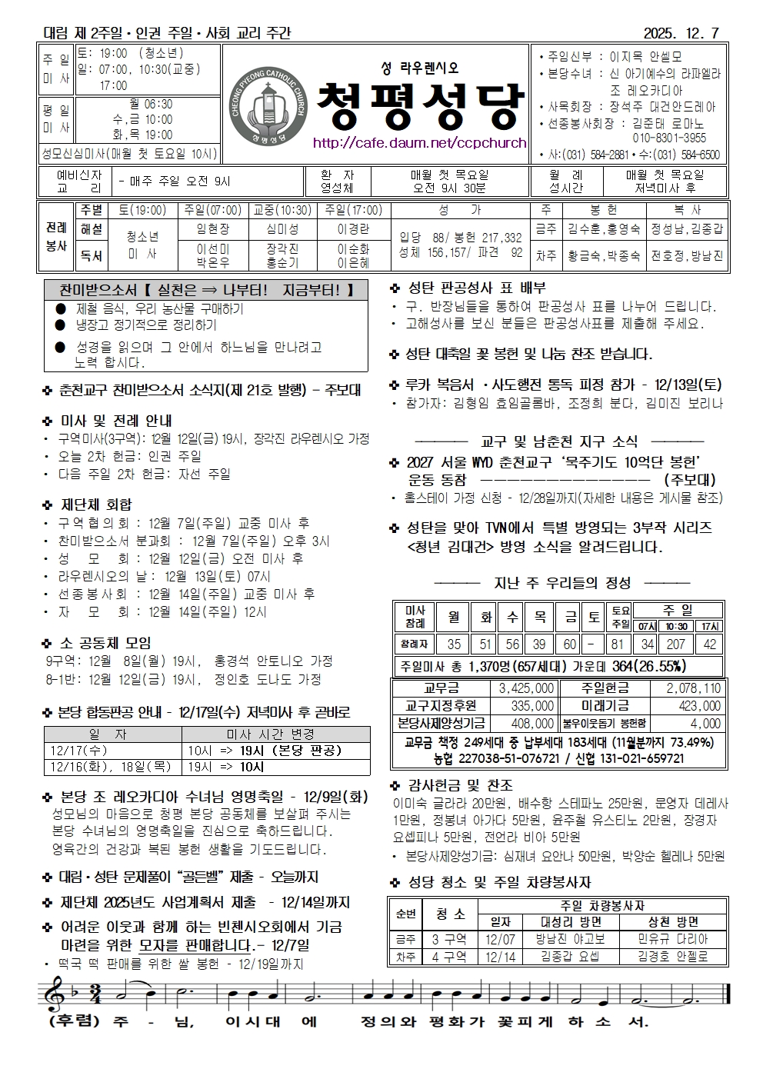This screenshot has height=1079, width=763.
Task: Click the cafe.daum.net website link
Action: [x=419, y=143]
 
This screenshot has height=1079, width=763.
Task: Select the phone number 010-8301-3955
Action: [x=668, y=138]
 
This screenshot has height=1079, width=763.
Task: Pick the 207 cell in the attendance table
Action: [x=676, y=644]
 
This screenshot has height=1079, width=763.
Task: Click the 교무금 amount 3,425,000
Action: [x=526, y=688]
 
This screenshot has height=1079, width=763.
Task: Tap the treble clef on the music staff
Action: [x=55, y=993]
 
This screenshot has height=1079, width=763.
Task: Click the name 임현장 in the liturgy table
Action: [x=213, y=229]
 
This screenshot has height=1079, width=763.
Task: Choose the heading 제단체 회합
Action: [x=96, y=505]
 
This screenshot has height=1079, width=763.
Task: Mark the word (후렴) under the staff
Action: [x=75, y=1022]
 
